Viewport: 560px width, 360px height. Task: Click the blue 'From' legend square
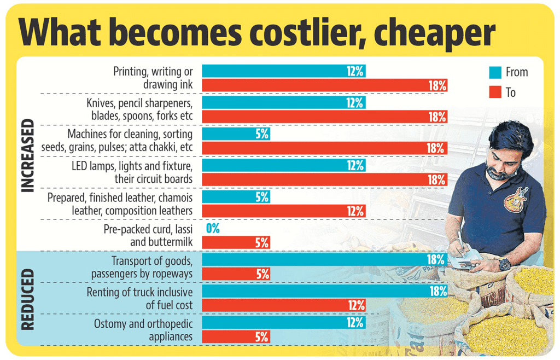click(x=495, y=72)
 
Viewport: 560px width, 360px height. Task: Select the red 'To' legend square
click(x=495, y=92)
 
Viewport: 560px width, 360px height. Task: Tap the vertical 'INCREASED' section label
click(x=28, y=155)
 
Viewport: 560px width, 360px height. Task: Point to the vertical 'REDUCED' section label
click(x=28, y=299)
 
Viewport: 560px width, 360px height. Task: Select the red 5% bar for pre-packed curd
click(x=236, y=242)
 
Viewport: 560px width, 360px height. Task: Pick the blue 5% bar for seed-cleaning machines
click(x=236, y=134)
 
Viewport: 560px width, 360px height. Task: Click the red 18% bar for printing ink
click(x=324, y=85)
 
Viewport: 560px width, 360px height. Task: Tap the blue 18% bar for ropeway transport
click(x=324, y=260)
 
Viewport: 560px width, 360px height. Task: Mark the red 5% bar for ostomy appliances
click(x=236, y=337)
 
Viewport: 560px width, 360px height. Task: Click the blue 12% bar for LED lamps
click(x=283, y=165)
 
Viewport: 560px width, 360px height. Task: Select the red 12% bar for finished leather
click(x=283, y=211)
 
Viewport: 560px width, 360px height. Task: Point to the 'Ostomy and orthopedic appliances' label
click(x=143, y=330)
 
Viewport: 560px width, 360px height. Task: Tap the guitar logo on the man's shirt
click(x=516, y=200)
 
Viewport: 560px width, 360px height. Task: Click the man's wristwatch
click(x=504, y=264)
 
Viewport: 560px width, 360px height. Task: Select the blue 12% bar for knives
click(x=283, y=103)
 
